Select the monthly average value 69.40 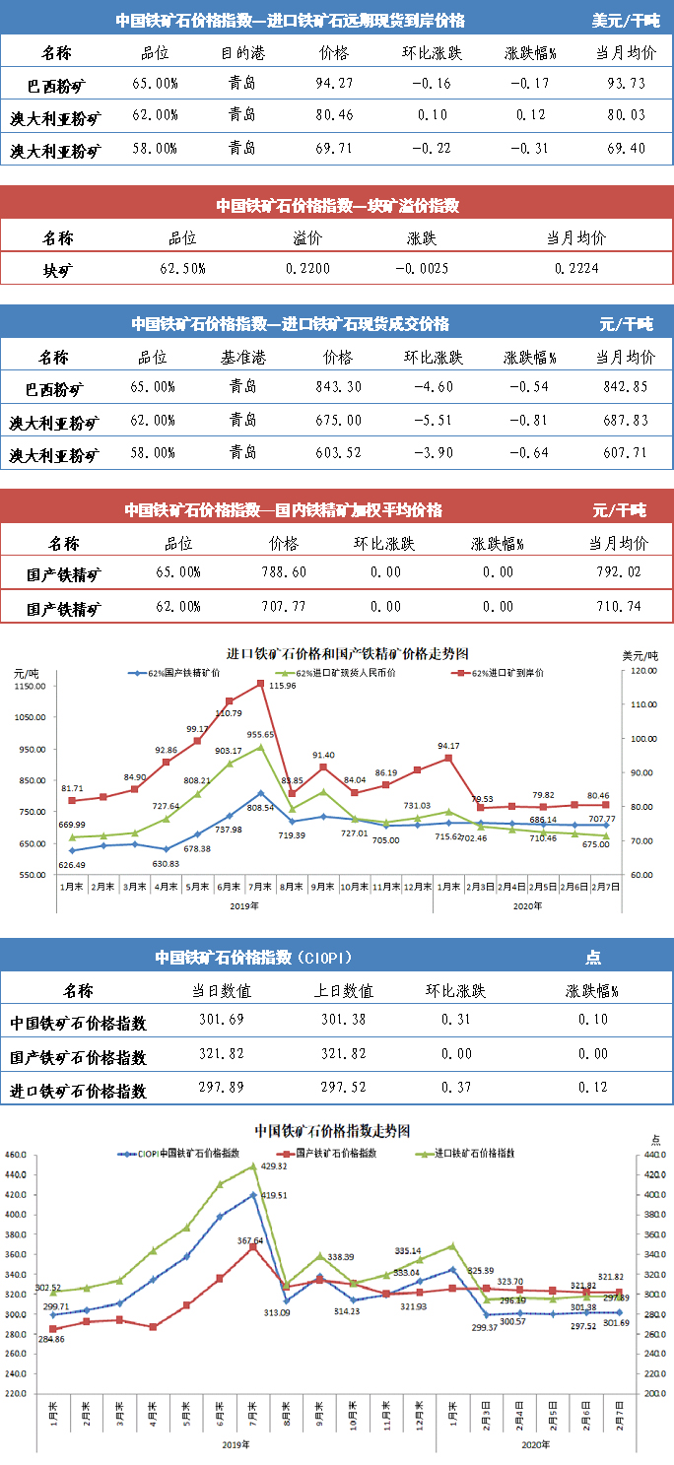628,149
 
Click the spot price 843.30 336,386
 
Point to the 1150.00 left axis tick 34,687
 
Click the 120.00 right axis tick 644,671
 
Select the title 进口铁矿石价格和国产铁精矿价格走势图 347,653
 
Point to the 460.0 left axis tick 15,1155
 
